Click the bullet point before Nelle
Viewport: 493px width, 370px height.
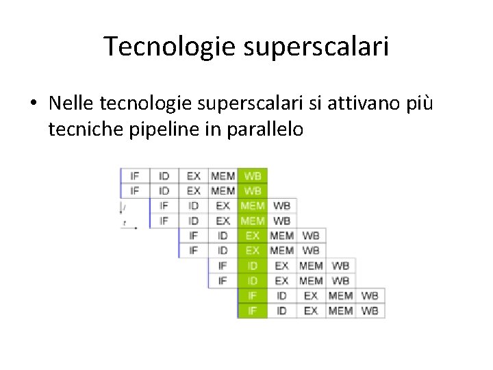coord(33,103)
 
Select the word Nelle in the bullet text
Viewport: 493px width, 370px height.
coord(72,103)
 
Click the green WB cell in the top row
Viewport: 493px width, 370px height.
coord(253,175)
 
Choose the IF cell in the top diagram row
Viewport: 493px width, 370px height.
coord(135,175)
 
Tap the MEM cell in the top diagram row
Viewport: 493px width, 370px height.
coord(223,175)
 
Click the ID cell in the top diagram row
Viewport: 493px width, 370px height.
coord(164,175)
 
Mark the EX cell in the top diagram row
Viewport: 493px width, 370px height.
coord(194,175)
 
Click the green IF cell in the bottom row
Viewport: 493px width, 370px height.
coord(253,310)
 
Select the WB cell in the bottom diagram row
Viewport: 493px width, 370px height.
coord(370,310)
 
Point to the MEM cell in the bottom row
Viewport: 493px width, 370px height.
coord(340,310)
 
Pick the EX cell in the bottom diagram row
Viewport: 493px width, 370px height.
coord(311,310)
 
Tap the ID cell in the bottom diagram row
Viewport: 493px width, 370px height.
coord(281,310)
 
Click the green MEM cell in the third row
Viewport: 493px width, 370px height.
coord(253,206)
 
